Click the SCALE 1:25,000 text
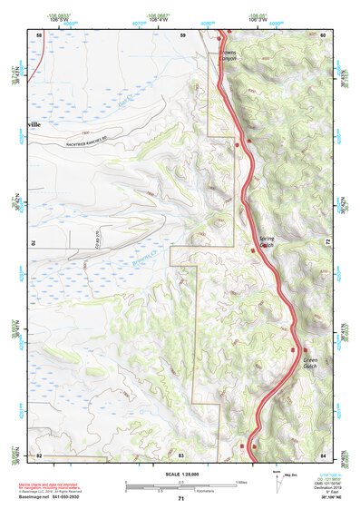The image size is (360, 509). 180,474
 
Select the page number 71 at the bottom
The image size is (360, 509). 180,498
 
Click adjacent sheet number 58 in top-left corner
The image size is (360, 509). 38,34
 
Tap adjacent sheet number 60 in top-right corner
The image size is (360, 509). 323,34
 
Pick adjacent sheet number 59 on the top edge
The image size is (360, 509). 181,34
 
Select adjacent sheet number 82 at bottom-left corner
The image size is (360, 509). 38,454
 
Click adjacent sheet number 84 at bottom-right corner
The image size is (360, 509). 323,454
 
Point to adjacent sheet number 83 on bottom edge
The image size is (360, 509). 181,454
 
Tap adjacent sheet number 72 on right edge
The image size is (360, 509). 327,243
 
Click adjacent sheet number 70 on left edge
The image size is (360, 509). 34,243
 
